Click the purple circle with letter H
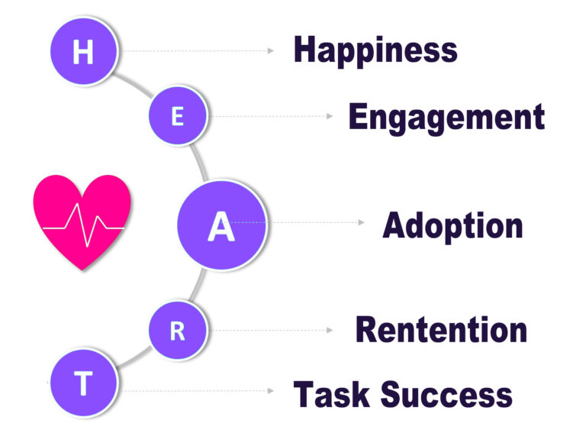click(84, 52)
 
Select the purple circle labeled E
click(178, 116)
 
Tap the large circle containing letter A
click(221, 225)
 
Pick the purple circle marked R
click(177, 331)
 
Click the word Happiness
click(375, 50)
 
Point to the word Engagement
click(446, 118)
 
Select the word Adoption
click(452, 225)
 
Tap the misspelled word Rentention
click(441, 330)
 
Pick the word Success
click(446, 394)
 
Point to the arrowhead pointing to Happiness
click(270, 51)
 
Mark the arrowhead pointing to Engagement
click(330, 117)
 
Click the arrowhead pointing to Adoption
click(362, 223)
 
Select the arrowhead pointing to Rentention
click(330, 331)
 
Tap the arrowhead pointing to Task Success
click(270, 390)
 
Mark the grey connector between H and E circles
click(134, 84)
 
